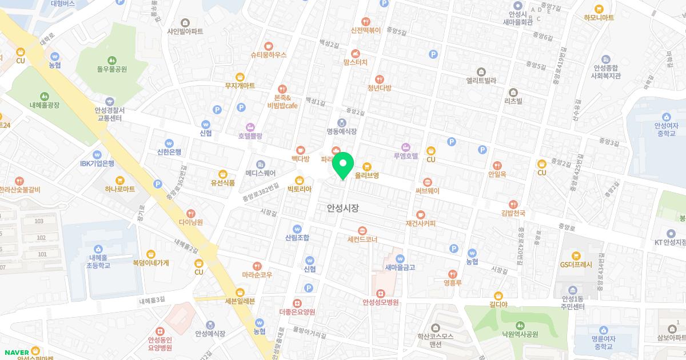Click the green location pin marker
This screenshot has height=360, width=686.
click(x=343, y=166)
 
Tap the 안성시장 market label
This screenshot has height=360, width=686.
click(x=343, y=209)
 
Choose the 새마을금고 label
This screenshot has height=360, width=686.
click(x=400, y=267)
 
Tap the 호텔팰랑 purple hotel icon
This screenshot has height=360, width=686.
click(x=250, y=127)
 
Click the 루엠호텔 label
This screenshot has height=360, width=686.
click(x=406, y=155)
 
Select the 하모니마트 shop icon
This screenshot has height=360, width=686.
click(x=599, y=9)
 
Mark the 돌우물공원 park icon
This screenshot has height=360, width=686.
click(x=111, y=59)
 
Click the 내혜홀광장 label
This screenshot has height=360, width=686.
click(x=45, y=106)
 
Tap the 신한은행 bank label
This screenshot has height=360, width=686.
click(x=169, y=152)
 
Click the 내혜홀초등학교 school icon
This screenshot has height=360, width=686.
click(x=99, y=249)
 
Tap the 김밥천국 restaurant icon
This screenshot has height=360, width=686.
click(x=513, y=203)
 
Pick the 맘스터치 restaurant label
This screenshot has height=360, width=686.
click(x=356, y=62)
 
